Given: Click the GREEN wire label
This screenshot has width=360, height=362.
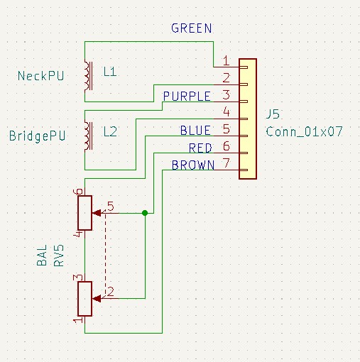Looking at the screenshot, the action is pyautogui.click(x=192, y=28).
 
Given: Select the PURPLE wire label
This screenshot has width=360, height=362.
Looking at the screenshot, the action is pyautogui.click(x=187, y=97).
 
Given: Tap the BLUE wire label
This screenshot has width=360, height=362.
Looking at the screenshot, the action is pyautogui.click(x=195, y=131).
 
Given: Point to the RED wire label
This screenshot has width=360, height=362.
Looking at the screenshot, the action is pyautogui.click(x=200, y=148).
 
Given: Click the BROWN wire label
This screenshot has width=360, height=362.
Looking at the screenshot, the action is pyautogui.click(x=193, y=165).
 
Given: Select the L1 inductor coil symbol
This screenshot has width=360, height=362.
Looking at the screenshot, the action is pyautogui.click(x=88, y=76).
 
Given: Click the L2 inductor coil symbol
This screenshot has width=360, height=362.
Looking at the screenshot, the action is pyautogui.click(x=88, y=136).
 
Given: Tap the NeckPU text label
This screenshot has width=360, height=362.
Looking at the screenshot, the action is pyautogui.click(x=40, y=76).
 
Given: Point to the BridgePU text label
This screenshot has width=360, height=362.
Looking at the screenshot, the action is pyautogui.click(x=37, y=136).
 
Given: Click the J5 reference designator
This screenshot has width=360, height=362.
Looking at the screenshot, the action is pyautogui.click(x=273, y=114).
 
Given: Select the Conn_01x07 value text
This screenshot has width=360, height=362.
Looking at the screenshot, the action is pyautogui.click(x=304, y=131).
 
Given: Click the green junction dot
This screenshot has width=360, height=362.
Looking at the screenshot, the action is pyautogui.click(x=145, y=213).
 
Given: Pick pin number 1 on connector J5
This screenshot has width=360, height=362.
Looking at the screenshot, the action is pyautogui.click(x=227, y=60).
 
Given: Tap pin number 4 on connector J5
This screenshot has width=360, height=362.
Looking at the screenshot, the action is pyautogui.click(x=227, y=111).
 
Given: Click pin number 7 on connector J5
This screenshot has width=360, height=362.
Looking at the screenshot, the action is pyautogui.click(x=227, y=163).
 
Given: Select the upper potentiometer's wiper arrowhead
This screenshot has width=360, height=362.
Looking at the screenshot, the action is pyautogui.click(x=97, y=213).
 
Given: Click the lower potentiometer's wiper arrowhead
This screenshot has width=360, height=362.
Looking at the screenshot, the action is pyautogui.click(x=97, y=299).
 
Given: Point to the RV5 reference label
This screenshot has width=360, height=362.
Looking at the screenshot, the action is pyautogui.click(x=59, y=256).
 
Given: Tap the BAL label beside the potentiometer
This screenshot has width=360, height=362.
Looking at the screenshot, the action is pyautogui.click(x=42, y=256).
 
